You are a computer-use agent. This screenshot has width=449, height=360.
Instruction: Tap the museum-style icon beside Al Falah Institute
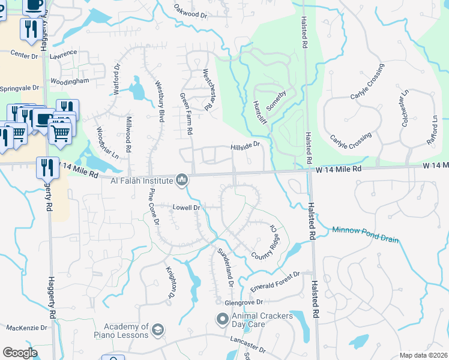tap(182, 179)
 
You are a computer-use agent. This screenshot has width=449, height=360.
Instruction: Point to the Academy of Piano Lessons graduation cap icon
tap(158, 330)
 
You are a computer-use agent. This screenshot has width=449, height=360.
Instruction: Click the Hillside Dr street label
tap(246, 145)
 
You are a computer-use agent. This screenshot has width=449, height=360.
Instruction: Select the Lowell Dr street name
tap(186, 208)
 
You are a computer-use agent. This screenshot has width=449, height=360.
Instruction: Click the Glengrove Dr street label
tap(244, 302)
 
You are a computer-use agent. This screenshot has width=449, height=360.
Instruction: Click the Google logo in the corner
tap(20, 353)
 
